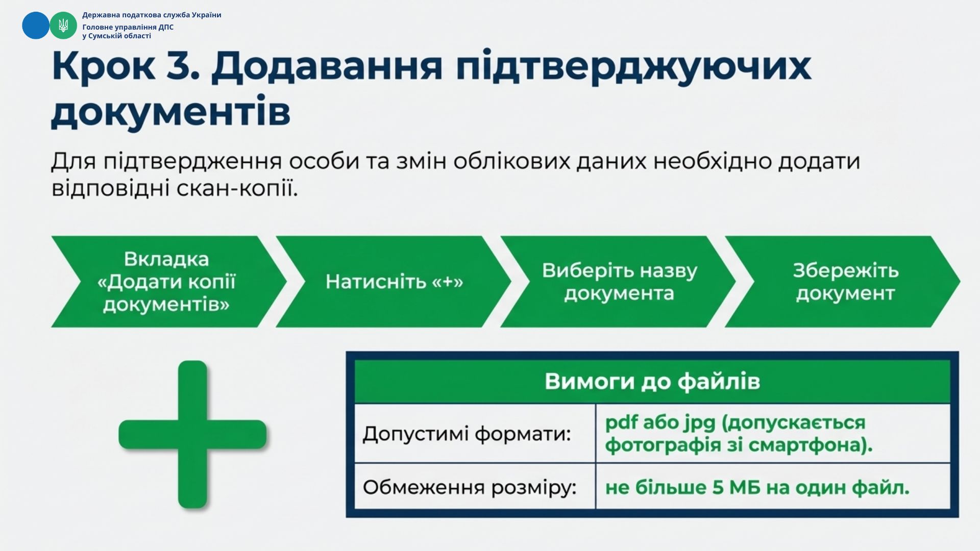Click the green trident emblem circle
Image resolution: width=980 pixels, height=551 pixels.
pos(63,26)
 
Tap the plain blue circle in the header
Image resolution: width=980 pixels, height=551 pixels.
pos(36,26)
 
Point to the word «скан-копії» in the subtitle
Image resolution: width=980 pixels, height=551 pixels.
pos(237,189)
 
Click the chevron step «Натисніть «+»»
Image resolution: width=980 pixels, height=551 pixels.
pos(394,282)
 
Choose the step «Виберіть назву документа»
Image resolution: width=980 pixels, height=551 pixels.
pos(619,282)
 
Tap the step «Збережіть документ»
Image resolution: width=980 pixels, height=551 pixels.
pos(843,282)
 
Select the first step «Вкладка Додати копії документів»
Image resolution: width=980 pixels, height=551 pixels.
pos(168,282)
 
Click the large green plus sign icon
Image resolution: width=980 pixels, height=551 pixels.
pos(192,435)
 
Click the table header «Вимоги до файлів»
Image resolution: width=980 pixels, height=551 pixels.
pos(652,382)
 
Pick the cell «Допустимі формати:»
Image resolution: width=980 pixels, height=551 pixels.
pos(475,434)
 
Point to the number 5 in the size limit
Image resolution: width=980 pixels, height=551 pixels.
pos(718,488)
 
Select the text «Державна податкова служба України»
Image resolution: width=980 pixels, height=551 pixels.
pos(152,15)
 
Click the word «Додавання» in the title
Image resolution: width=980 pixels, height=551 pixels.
pos(327,67)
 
